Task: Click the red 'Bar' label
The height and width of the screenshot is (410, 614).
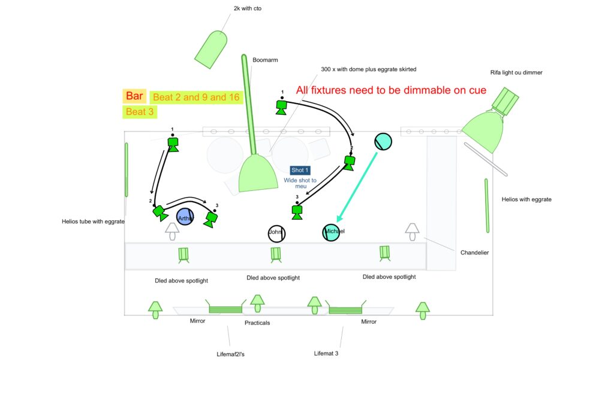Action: point(134,96)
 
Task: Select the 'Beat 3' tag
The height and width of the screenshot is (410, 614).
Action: point(140,112)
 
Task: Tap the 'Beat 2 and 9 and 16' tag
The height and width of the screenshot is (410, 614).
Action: point(196,97)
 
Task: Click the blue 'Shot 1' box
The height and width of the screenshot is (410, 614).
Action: point(300,171)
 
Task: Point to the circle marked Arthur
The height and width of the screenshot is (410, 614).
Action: point(185,218)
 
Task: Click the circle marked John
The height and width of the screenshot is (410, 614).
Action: point(276,232)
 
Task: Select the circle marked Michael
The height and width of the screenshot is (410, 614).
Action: point(332,232)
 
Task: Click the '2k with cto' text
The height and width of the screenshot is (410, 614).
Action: point(248,8)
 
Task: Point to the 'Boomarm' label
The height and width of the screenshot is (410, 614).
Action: point(265,60)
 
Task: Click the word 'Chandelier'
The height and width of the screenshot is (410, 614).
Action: point(474,253)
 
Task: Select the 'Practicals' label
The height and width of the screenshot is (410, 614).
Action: point(257,323)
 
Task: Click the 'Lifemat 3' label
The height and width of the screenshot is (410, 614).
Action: point(327,354)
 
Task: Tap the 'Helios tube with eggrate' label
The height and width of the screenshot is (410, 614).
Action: point(93,221)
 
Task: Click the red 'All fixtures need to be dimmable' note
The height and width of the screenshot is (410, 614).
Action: point(391,90)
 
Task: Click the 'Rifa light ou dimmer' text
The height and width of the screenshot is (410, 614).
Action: point(516,72)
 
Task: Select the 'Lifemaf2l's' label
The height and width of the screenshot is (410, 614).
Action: point(230,354)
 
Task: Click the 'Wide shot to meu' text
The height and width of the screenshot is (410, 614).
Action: point(300,183)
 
